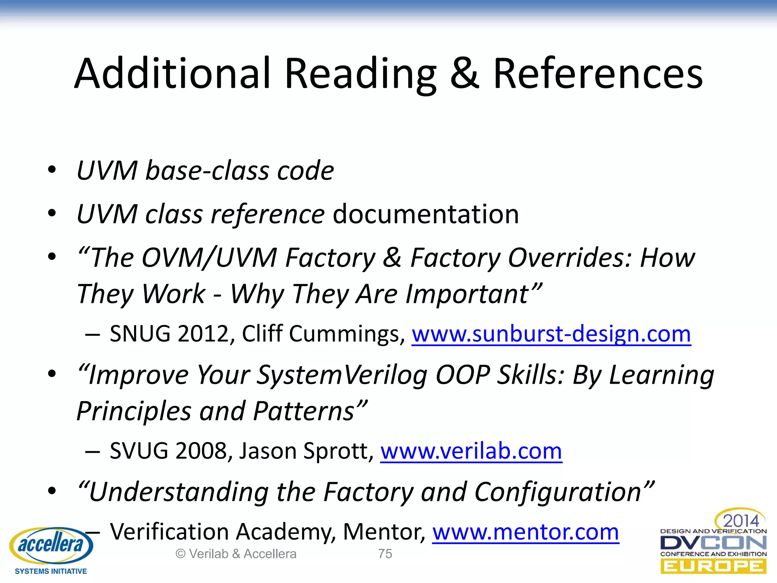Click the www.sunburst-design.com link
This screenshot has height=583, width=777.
pos(551,334)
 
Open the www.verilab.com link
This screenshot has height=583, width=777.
pos(471,451)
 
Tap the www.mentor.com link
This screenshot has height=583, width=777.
pos(525,532)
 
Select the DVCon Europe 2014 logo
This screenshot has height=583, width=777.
pos(713,543)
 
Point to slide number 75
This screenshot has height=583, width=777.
pos(385,554)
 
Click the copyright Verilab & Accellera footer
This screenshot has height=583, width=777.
pos(236,554)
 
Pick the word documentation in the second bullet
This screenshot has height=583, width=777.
pos(426,214)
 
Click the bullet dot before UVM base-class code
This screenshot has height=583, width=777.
pos(52,169)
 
